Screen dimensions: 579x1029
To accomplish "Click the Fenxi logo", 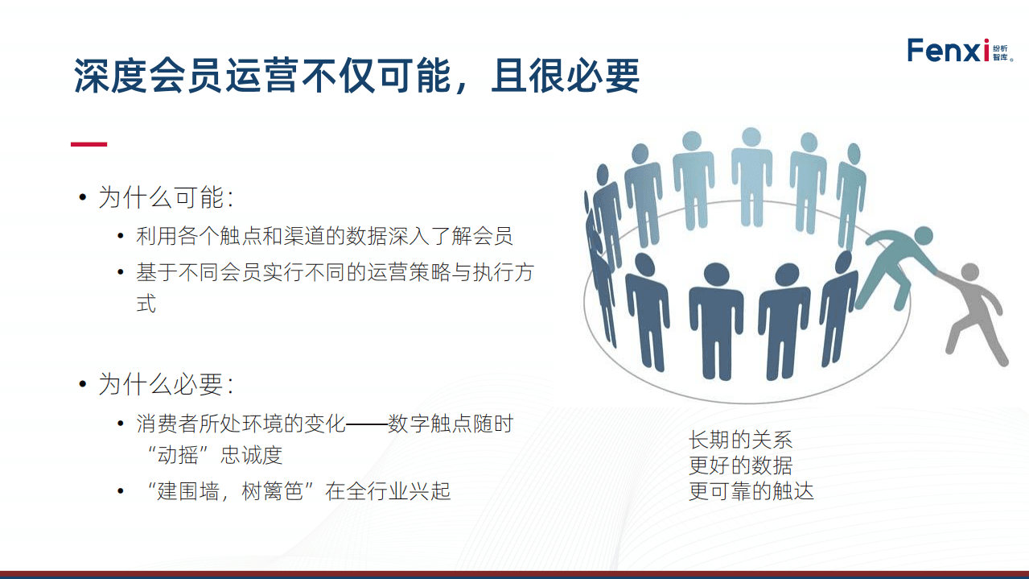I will tap(949, 50).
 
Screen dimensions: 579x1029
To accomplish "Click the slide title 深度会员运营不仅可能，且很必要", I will tap(356, 76).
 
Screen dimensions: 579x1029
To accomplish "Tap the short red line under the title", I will tap(88, 144).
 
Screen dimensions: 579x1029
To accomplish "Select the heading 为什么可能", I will tap(166, 197).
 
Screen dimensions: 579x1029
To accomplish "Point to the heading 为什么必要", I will tap(166, 384).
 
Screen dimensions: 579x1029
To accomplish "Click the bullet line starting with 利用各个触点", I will tap(324, 236).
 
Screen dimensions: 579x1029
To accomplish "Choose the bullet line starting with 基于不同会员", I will tap(334, 273).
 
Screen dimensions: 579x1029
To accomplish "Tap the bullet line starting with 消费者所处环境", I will tap(324, 423).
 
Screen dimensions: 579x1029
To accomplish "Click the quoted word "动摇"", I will tap(178, 454).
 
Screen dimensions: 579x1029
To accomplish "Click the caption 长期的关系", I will tap(740, 440).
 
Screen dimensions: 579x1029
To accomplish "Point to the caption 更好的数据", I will tap(740, 465).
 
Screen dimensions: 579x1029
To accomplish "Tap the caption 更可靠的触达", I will tap(751, 490).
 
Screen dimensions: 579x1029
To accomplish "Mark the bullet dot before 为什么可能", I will tap(82, 197).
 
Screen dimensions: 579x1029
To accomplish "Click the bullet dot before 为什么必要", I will tap(82, 384).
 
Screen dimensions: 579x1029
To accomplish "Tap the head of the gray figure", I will tap(969, 271).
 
